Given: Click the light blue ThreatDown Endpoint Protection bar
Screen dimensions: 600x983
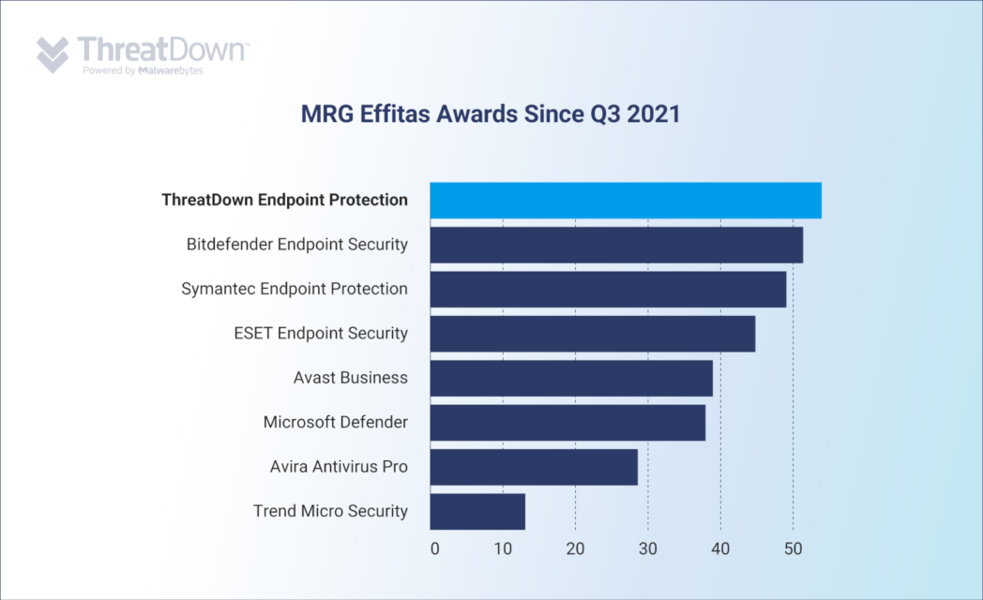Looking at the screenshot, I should [626, 201].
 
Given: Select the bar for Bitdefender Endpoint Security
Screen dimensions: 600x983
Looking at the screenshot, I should [616, 245].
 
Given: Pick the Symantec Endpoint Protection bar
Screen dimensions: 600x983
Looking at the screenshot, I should [608, 289].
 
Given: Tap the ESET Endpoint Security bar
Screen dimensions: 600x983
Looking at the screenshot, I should [593, 334].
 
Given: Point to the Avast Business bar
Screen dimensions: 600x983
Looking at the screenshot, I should [571, 378].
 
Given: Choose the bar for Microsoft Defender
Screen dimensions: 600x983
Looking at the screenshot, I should [567, 422].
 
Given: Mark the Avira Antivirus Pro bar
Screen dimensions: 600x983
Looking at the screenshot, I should [534, 467].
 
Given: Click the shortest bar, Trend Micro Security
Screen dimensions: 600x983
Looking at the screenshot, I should [477, 511].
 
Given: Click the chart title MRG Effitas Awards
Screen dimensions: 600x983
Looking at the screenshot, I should [490, 114].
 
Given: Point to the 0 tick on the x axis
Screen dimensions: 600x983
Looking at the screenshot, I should [434, 548].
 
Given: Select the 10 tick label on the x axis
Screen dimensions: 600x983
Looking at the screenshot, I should [504, 548].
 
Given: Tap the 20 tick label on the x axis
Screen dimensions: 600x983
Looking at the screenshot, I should [575, 548].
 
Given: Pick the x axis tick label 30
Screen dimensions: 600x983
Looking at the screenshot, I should [648, 548].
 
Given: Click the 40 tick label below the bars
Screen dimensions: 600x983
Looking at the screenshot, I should [720, 548].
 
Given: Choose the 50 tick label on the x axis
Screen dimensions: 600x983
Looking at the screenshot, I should [793, 548].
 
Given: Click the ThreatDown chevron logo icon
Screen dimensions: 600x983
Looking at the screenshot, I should [53, 55].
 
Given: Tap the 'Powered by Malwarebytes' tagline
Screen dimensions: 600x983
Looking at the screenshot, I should [143, 70].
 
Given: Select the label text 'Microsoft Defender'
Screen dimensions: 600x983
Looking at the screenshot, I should [335, 422].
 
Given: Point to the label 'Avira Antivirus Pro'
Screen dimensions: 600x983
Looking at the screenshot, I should [339, 466].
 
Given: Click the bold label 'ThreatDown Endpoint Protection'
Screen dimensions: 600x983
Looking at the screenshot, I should [284, 200].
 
